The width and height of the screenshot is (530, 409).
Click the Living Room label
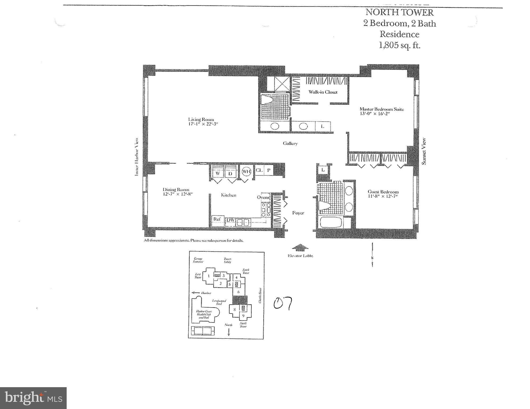click(x=201, y=120)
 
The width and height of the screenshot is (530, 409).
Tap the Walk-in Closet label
click(x=323, y=92)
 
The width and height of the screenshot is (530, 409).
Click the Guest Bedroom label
click(x=383, y=192)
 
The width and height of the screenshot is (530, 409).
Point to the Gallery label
click(x=290, y=144)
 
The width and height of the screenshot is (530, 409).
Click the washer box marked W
click(x=218, y=173)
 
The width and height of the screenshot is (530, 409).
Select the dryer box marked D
click(x=231, y=173)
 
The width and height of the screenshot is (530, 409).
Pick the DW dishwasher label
click(x=230, y=220)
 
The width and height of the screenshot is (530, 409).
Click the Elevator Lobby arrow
click(x=300, y=248)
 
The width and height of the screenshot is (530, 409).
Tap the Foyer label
click(x=298, y=213)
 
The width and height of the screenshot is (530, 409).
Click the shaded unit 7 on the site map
click(x=240, y=300)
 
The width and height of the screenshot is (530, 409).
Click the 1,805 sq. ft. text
click(x=399, y=45)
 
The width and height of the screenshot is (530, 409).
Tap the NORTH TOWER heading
click(x=399, y=12)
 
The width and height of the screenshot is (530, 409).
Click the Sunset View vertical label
click(x=424, y=151)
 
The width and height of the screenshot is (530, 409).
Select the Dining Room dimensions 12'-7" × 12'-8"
click(x=178, y=194)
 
